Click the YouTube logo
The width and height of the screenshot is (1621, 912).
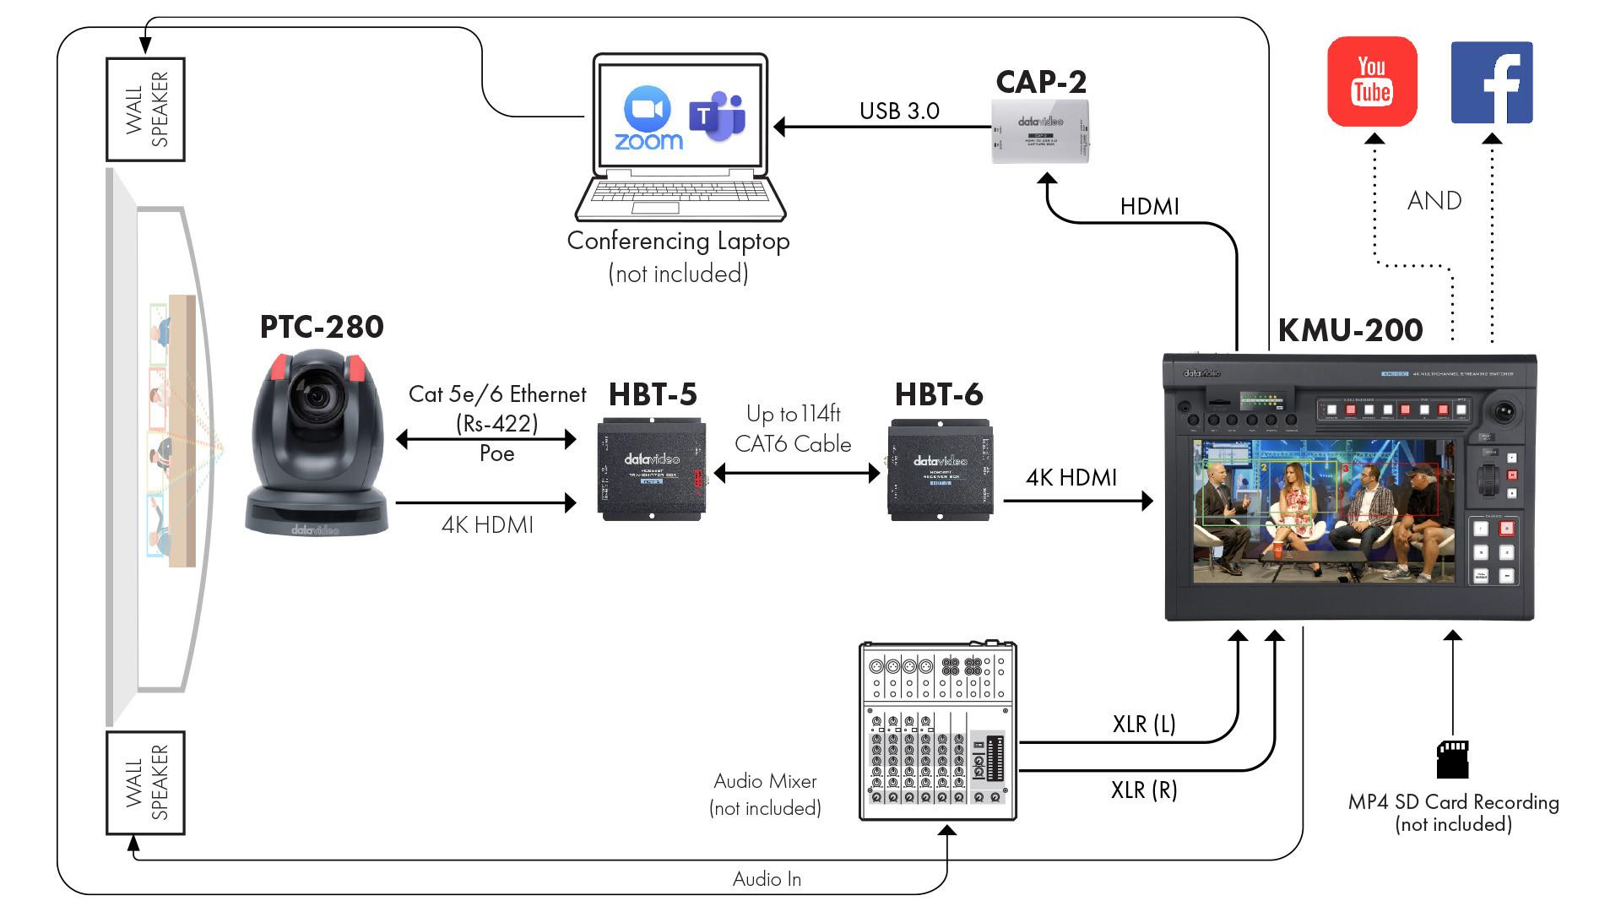(x=1372, y=81)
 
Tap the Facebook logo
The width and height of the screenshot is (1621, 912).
(x=1491, y=82)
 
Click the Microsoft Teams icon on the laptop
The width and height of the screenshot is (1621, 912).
(x=717, y=117)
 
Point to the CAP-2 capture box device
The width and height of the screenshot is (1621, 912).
(x=1040, y=131)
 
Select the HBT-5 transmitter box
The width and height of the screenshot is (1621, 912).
(x=652, y=469)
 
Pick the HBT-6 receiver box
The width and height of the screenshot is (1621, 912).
(x=940, y=469)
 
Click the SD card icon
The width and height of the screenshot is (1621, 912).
(x=1452, y=759)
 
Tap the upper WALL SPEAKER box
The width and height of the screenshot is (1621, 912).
(x=145, y=109)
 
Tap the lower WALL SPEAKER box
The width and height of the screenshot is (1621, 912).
(x=145, y=783)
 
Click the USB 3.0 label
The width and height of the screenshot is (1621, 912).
(x=899, y=111)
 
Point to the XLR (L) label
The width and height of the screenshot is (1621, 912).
(x=1144, y=724)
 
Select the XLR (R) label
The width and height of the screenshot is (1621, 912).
(x=1144, y=790)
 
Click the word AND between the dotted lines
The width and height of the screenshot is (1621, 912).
(x=1434, y=201)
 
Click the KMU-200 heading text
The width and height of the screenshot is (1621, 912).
(x=1350, y=330)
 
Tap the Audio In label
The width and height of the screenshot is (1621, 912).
(x=767, y=879)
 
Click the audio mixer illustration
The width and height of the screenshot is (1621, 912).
(x=937, y=730)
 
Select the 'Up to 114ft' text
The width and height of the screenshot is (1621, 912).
(x=793, y=414)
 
